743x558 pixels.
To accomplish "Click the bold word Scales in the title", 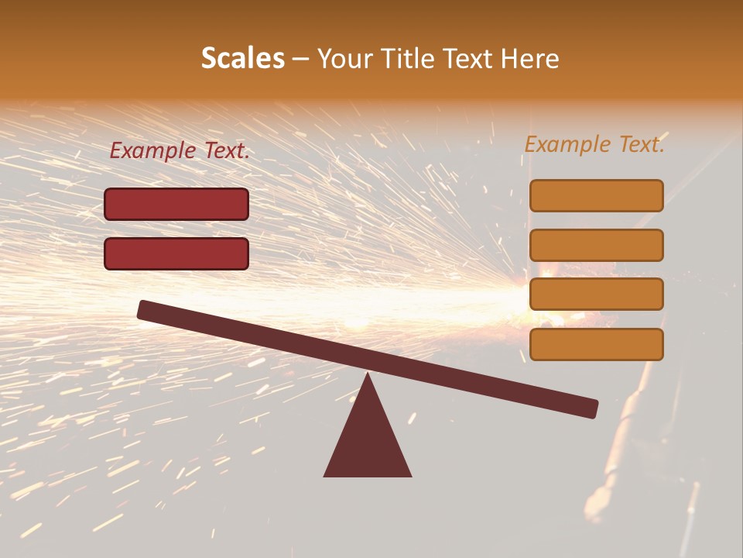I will [242, 59].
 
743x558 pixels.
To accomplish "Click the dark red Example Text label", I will [179, 151].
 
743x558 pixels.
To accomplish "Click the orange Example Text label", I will [594, 144].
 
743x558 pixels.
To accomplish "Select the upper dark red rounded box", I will [176, 204].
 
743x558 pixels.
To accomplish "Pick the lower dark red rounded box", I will [176, 253].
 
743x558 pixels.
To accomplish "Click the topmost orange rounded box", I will [596, 195].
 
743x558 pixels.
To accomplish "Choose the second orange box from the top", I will [596, 245].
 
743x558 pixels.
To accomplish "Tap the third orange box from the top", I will [596, 294].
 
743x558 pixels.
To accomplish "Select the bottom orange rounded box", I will [596, 344].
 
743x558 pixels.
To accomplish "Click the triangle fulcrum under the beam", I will [368, 438].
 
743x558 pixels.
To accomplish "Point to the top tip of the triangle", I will [368, 374].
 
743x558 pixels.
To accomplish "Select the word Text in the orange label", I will [640, 144].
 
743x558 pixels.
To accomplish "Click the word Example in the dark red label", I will [152, 151].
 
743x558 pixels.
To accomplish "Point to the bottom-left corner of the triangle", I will [325, 475].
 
